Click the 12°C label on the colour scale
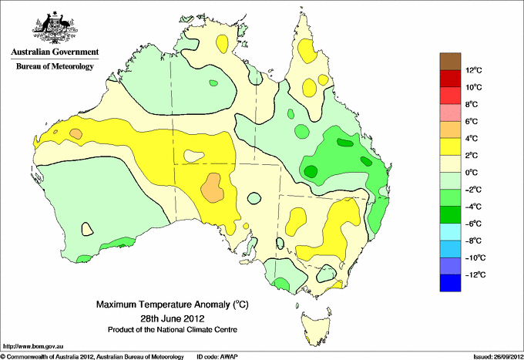[x=473, y=70]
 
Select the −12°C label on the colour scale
[x=473, y=274]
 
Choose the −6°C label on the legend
[x=473, y=223]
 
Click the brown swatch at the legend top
[x=449, y=61]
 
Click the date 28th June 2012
[x=172, y=318]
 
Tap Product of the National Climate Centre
[x=172, y=329]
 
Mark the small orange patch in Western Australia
[x=76, y=133]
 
